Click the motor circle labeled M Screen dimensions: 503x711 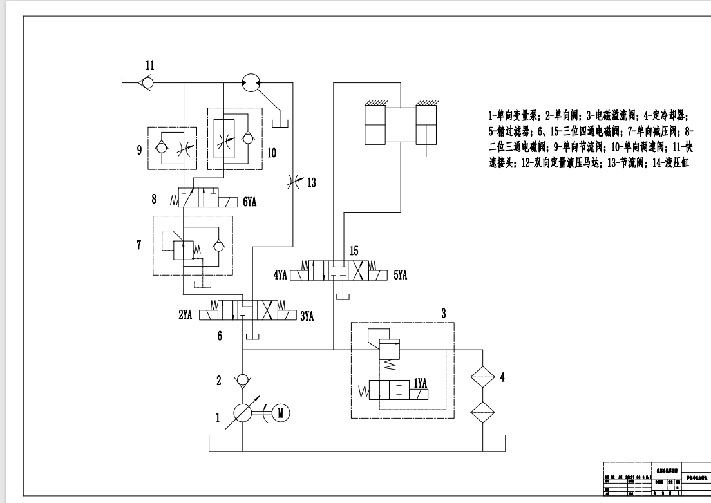pyautogui.click(x=280, y=413)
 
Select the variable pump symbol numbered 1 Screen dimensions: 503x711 pyautogui.click(x=243, y=413)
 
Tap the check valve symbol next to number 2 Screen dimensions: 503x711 pyautogui.click(x=243, y=379)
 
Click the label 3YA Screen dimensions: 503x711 pyautogui.click(x=307, y=316)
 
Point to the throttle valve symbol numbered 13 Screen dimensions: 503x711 pyautogui.click(x=293, y=184)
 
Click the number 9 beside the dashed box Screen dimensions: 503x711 pyautogui.click(x=139, y=151)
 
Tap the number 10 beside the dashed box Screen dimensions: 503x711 pyautogui.click(x=272, y=153)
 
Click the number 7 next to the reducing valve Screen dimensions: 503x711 pyautogui.click(x=138, y=245)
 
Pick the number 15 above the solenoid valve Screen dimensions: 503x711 pyautogui.click(x=354, y=249)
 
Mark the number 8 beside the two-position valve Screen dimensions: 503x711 pyautogui.click(x=155, y=199)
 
